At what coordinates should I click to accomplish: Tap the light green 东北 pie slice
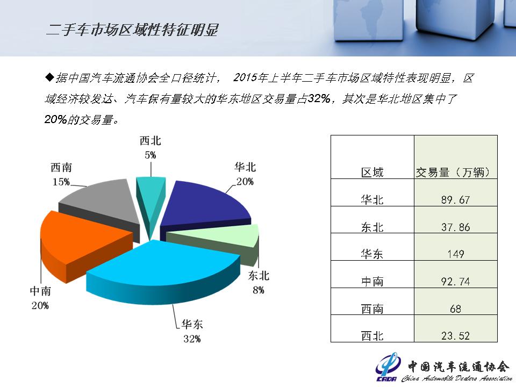pos(217,240)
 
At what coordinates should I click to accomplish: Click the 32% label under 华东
pos(192,339)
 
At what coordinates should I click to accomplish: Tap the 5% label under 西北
pos(150,155)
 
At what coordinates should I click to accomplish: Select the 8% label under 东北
pos(259,290)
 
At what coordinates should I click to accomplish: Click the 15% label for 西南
pos(61,182)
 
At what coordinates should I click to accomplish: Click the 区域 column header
pos(372,173)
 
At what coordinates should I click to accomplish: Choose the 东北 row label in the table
pos(372,227)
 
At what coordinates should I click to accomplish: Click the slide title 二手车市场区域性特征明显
pos(132,30)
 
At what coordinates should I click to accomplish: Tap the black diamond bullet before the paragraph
pos(49,77)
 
